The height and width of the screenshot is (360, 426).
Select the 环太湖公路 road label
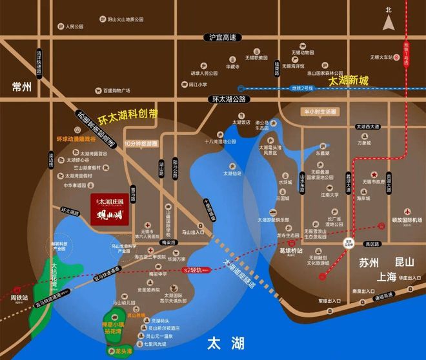(x=229, y=99)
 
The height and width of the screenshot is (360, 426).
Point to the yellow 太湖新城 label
(x=348, y=81)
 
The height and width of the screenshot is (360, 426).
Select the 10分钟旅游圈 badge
(x=141, y=143)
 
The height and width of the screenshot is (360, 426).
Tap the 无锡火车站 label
(x=383, y=57)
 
